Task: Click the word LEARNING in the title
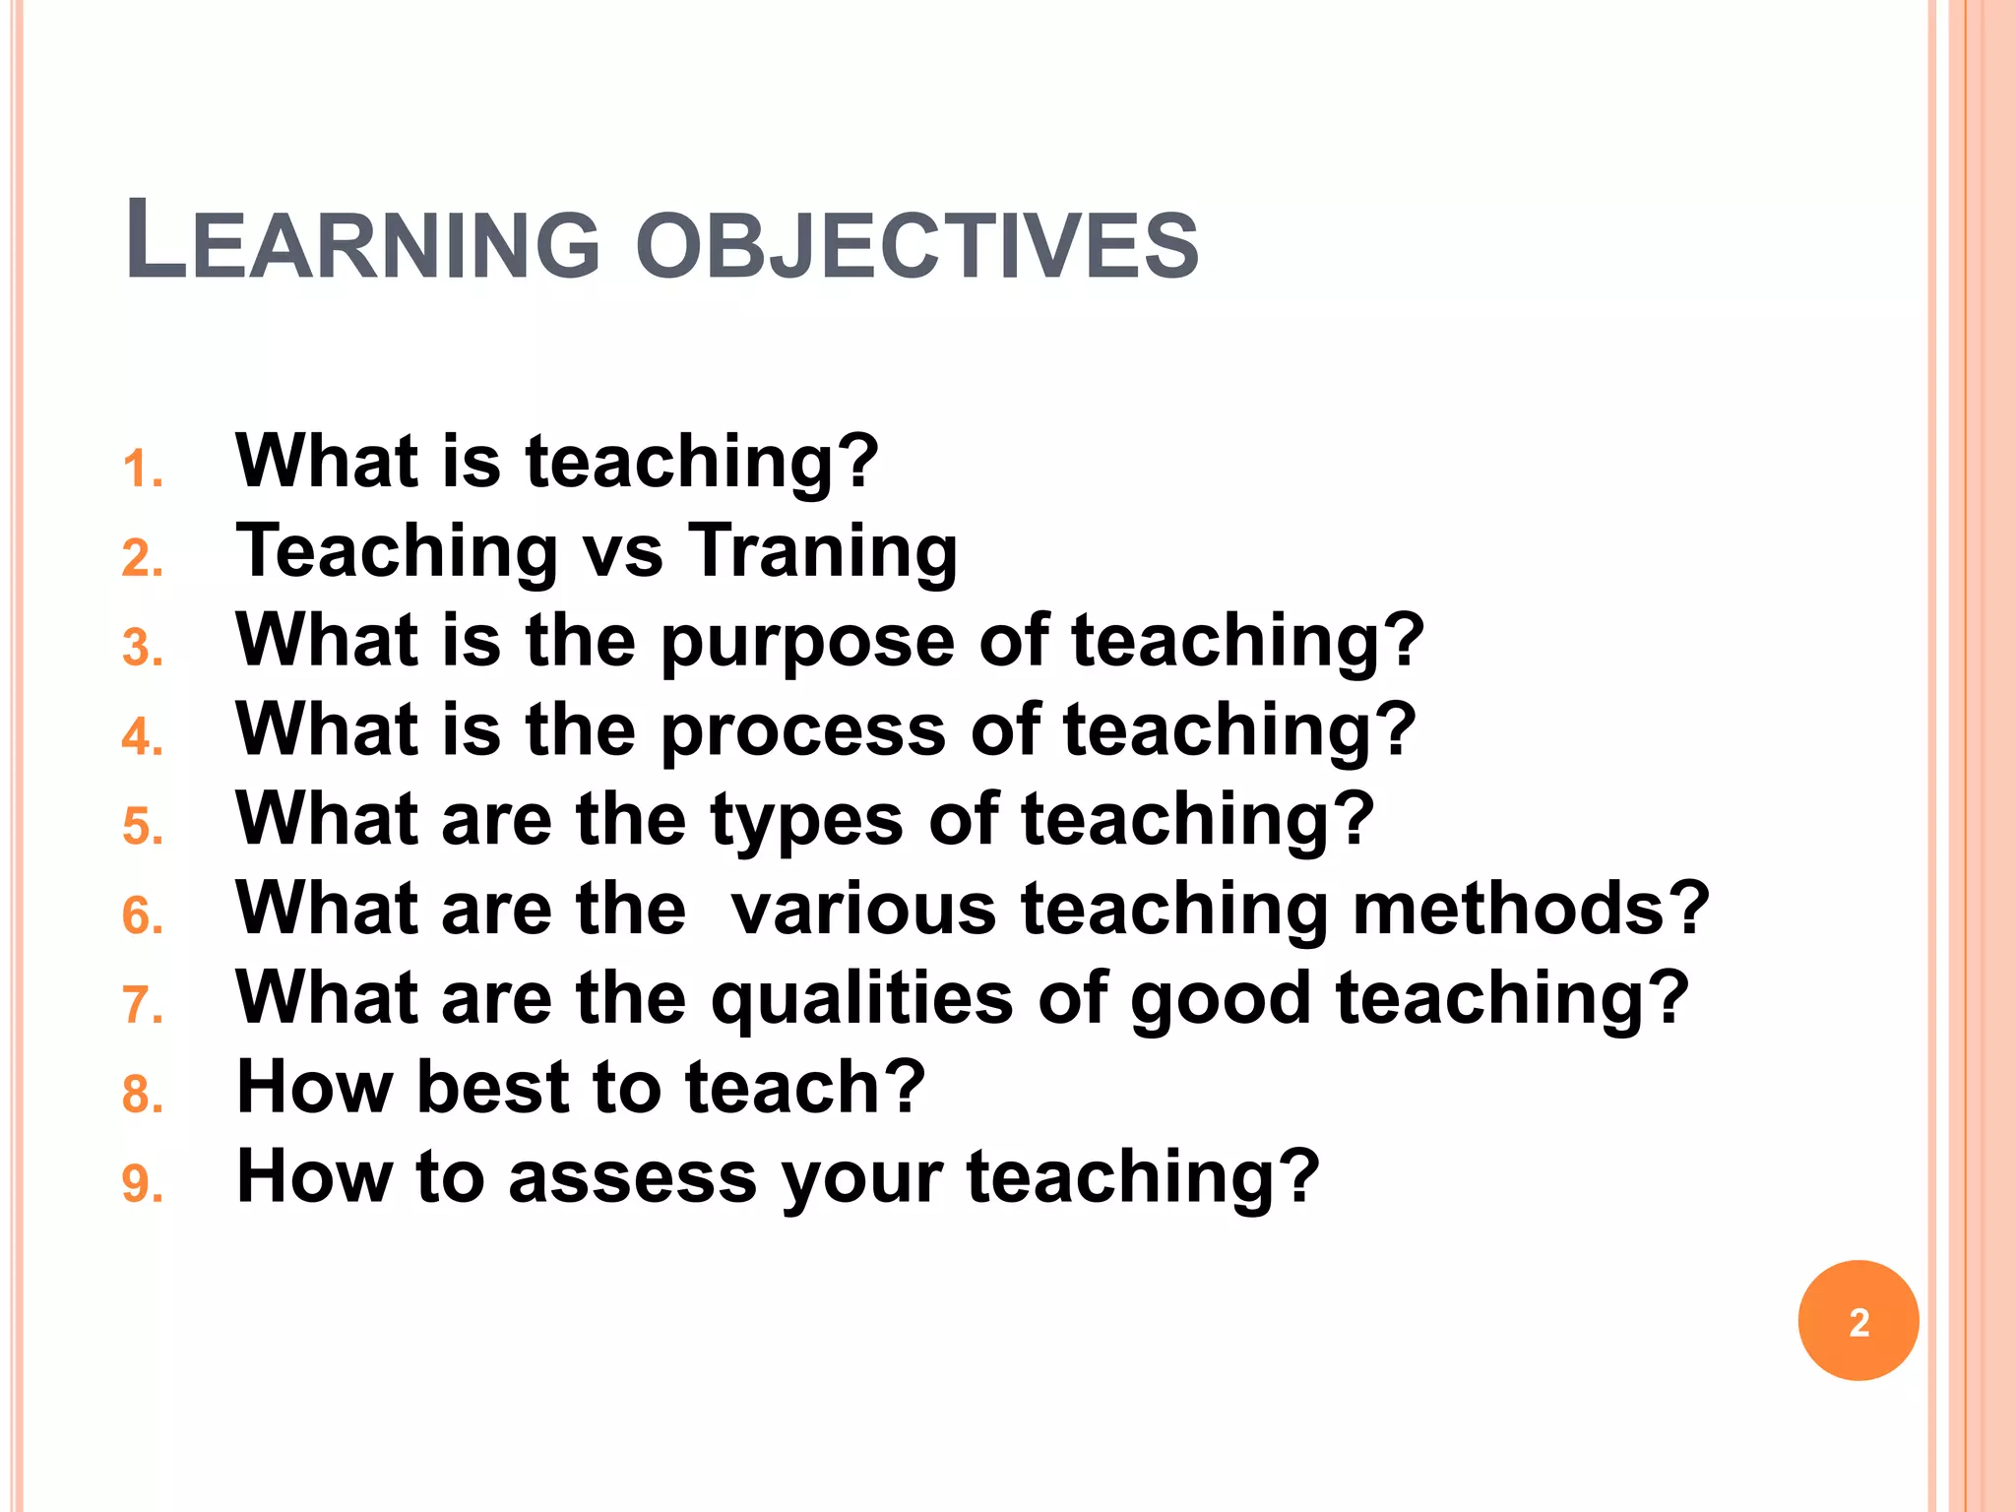(x=362, y=242)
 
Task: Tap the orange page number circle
(x=1858, y=1321)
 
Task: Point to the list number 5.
(x=142, y=826)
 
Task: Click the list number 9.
(x=142, y=1183)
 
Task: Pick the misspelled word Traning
(x=822, y=550)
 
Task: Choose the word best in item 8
(x=492, y=1087)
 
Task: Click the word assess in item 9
(x=633, y=1176)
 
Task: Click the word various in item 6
(x=863, y=908)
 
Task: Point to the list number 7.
(x=142, y=1005)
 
